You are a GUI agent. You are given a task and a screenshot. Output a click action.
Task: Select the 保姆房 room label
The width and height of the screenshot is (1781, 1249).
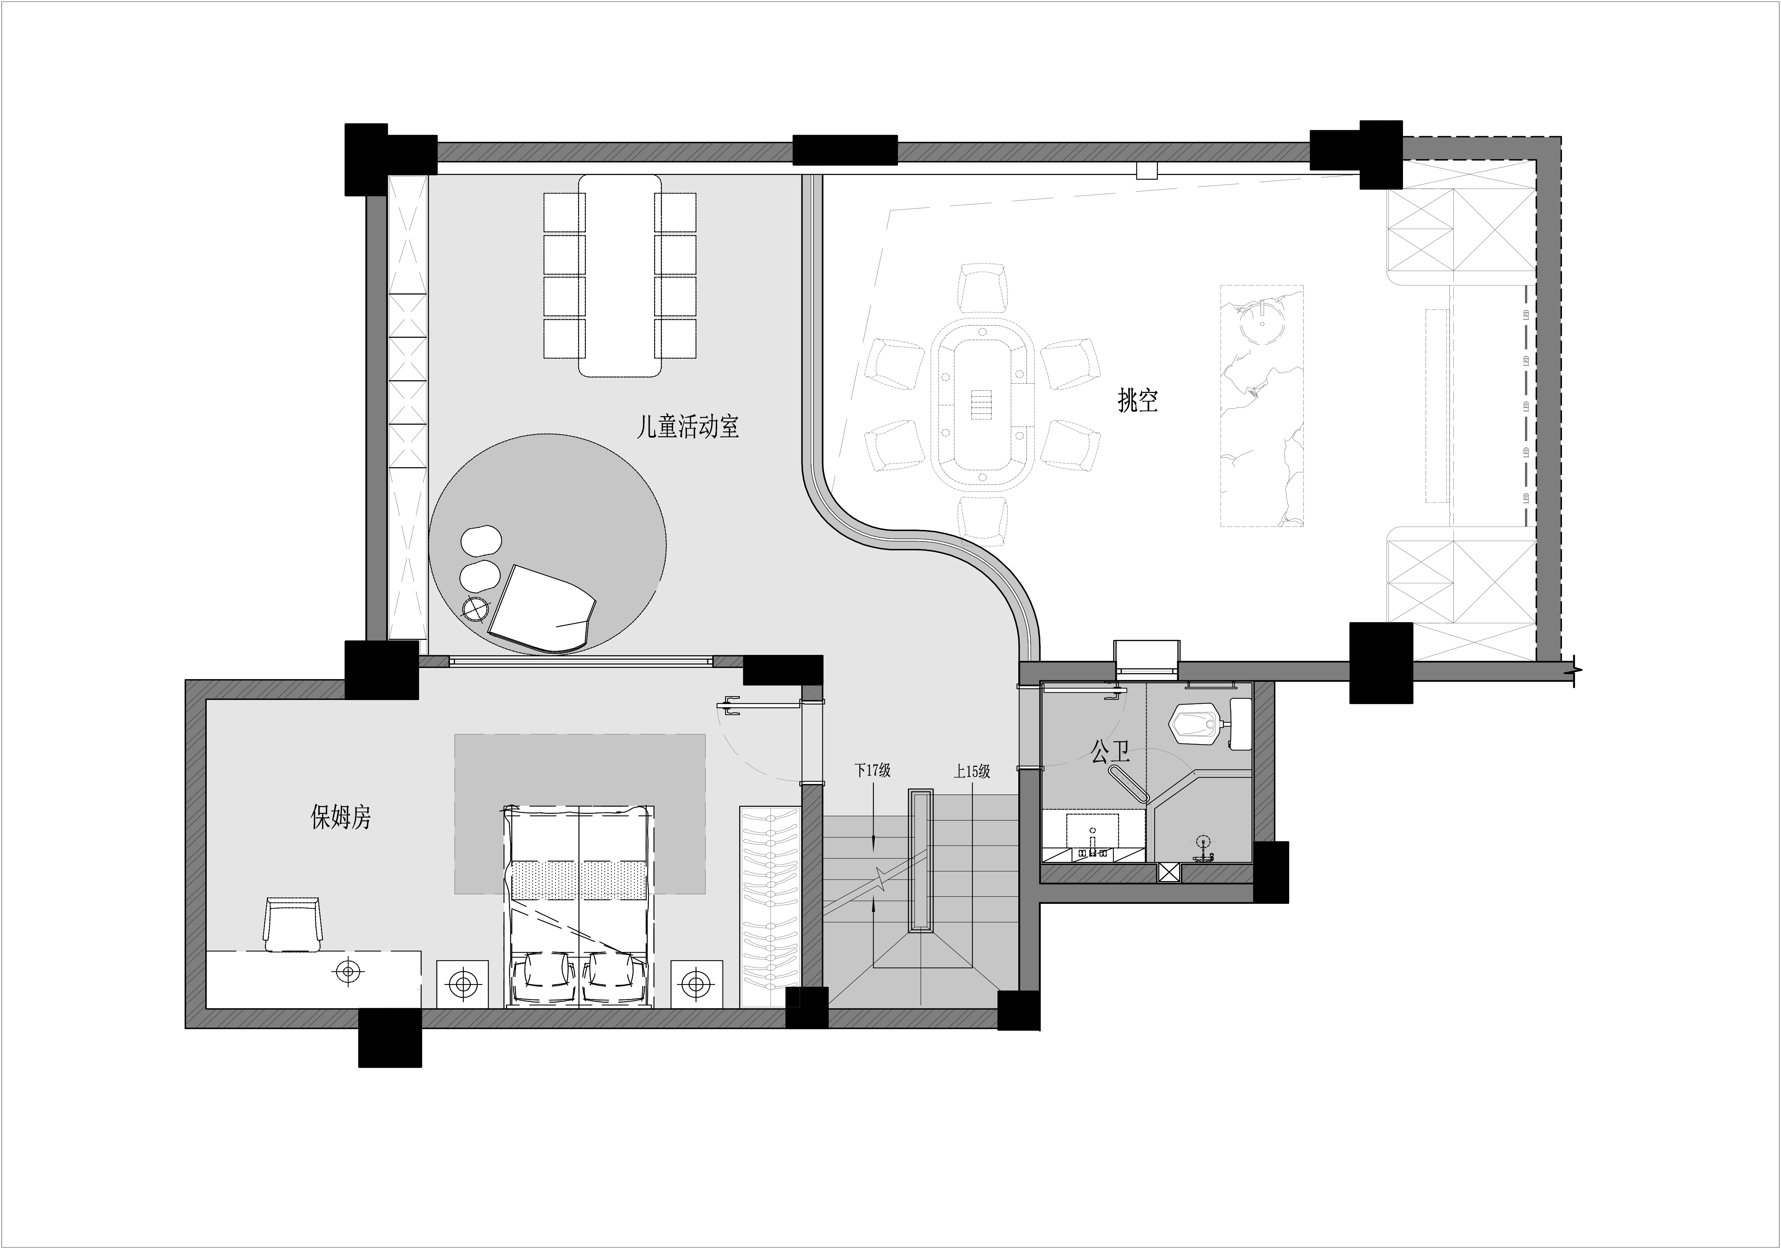coord(341,817)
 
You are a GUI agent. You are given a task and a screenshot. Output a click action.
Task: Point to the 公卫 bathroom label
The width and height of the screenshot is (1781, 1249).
coord(1110,751)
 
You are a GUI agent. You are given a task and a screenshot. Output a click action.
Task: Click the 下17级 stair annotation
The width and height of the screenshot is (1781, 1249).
coord(873,770)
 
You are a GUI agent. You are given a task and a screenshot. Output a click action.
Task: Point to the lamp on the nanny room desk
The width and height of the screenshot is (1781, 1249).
coord(349,971)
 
